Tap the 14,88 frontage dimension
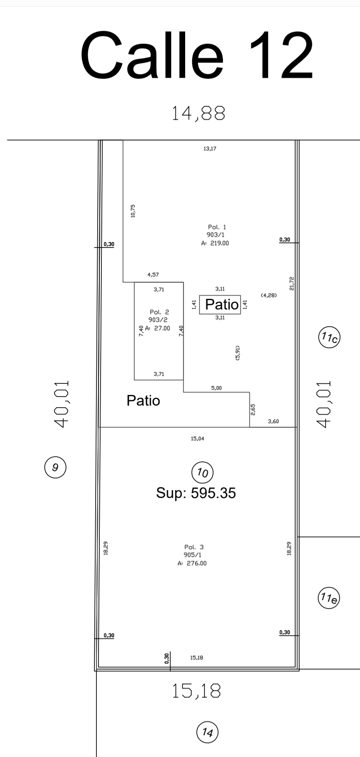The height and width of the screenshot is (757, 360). click(198, 113)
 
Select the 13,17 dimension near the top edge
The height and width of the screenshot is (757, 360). click(210, 149)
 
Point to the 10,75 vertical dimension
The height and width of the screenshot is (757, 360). click(133, 211)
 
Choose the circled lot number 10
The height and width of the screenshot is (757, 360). click(202, 473)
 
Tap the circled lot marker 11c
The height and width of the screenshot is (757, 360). click(330, 338)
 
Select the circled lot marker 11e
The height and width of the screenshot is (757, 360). click(329, 598)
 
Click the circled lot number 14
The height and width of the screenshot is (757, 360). click(208, 732)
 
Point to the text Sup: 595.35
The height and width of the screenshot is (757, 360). click(196, 493)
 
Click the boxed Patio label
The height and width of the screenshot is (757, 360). click(220, 305)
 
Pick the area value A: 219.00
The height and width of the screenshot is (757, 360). click(215, 243)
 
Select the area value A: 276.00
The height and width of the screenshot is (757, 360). click(192, 563)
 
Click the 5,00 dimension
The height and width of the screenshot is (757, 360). click(216, 388)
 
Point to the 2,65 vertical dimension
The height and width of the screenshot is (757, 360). click(253, 409)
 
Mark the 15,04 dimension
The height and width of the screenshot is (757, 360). click(197, 438)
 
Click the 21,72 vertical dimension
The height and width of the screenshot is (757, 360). click(292, 283)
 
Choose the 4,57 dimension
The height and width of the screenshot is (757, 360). click(153, 275)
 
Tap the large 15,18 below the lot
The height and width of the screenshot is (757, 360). click(196, 691)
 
